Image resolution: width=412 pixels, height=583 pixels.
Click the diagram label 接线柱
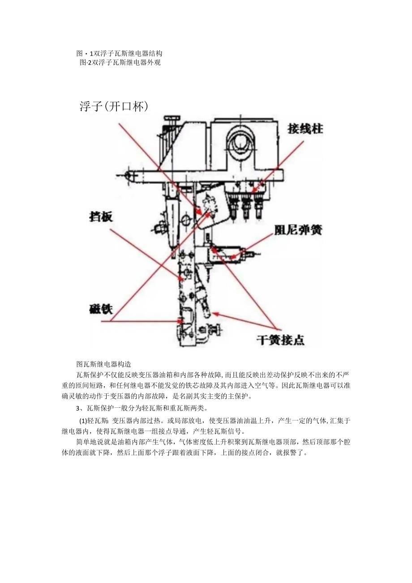pos(305,129)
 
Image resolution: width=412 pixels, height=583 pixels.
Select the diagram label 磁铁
pos(101,309)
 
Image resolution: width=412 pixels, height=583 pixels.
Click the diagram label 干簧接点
pos(280,340)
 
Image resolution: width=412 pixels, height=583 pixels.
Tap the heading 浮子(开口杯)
pos(114,106)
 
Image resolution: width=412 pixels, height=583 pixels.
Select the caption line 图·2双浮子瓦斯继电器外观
pos(120,62)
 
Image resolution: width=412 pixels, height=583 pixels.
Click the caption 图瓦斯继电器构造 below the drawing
pos(103,364)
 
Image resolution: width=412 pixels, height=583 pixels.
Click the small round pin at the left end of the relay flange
pos(129,175)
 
